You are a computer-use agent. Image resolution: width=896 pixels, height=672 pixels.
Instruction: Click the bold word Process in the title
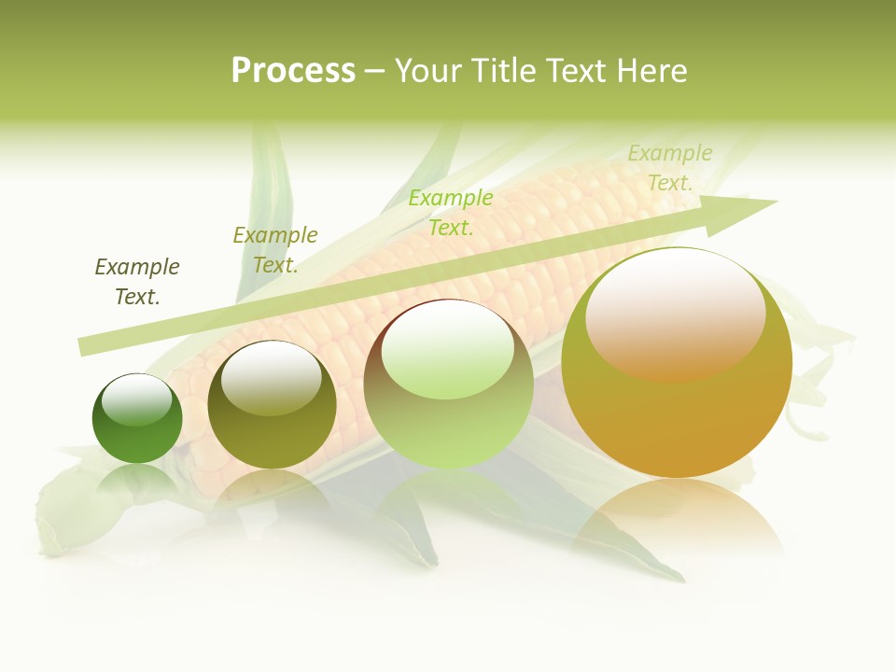293,71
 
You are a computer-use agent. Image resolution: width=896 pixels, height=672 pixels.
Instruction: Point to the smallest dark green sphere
137,420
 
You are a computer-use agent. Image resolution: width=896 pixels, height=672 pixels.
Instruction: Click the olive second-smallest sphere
272,405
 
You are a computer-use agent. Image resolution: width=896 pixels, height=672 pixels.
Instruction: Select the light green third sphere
448,385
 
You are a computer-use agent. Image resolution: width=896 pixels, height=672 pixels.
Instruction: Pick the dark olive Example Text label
137,282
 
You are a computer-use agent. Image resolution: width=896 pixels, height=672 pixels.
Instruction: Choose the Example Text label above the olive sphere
275,250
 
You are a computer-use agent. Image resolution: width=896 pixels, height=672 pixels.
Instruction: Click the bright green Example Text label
451,212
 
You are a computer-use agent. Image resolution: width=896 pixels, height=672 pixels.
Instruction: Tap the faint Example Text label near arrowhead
670,168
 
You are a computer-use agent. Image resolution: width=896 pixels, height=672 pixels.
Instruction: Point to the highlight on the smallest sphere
137,399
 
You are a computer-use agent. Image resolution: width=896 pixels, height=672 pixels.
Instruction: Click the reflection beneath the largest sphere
677,523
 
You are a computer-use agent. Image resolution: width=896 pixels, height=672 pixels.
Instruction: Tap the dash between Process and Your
375,71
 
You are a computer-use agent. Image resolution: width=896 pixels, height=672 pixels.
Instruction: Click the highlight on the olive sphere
272,378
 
